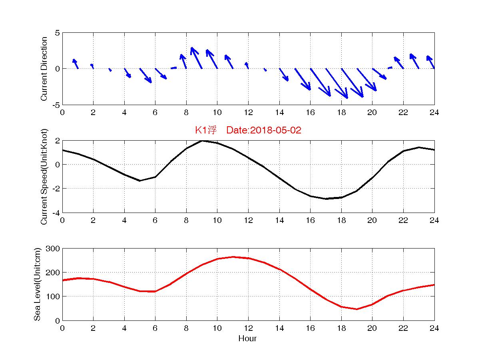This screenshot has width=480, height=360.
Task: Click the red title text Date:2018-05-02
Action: click(263, 130)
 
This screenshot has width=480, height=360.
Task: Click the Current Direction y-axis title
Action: click(44, 69)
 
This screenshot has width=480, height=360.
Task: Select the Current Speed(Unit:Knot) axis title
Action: click(44, 176)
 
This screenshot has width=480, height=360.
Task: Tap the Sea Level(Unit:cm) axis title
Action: click(37, 284)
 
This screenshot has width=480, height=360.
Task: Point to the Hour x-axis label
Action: click(247, 338)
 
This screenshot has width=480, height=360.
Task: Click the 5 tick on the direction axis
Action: click(57, 33)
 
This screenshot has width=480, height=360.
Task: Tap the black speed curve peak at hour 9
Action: click(202, 141)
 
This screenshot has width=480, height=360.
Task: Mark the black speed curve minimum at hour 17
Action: click(326, 199)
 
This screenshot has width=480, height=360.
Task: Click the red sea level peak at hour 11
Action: click(233, 257)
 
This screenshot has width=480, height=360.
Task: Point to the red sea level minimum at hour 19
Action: click(357, 309)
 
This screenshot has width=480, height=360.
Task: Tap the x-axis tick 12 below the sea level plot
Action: click(248, 328)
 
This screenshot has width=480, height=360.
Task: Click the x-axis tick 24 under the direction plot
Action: click(434, 113)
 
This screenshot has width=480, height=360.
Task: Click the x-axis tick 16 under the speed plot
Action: click(310, 220)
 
